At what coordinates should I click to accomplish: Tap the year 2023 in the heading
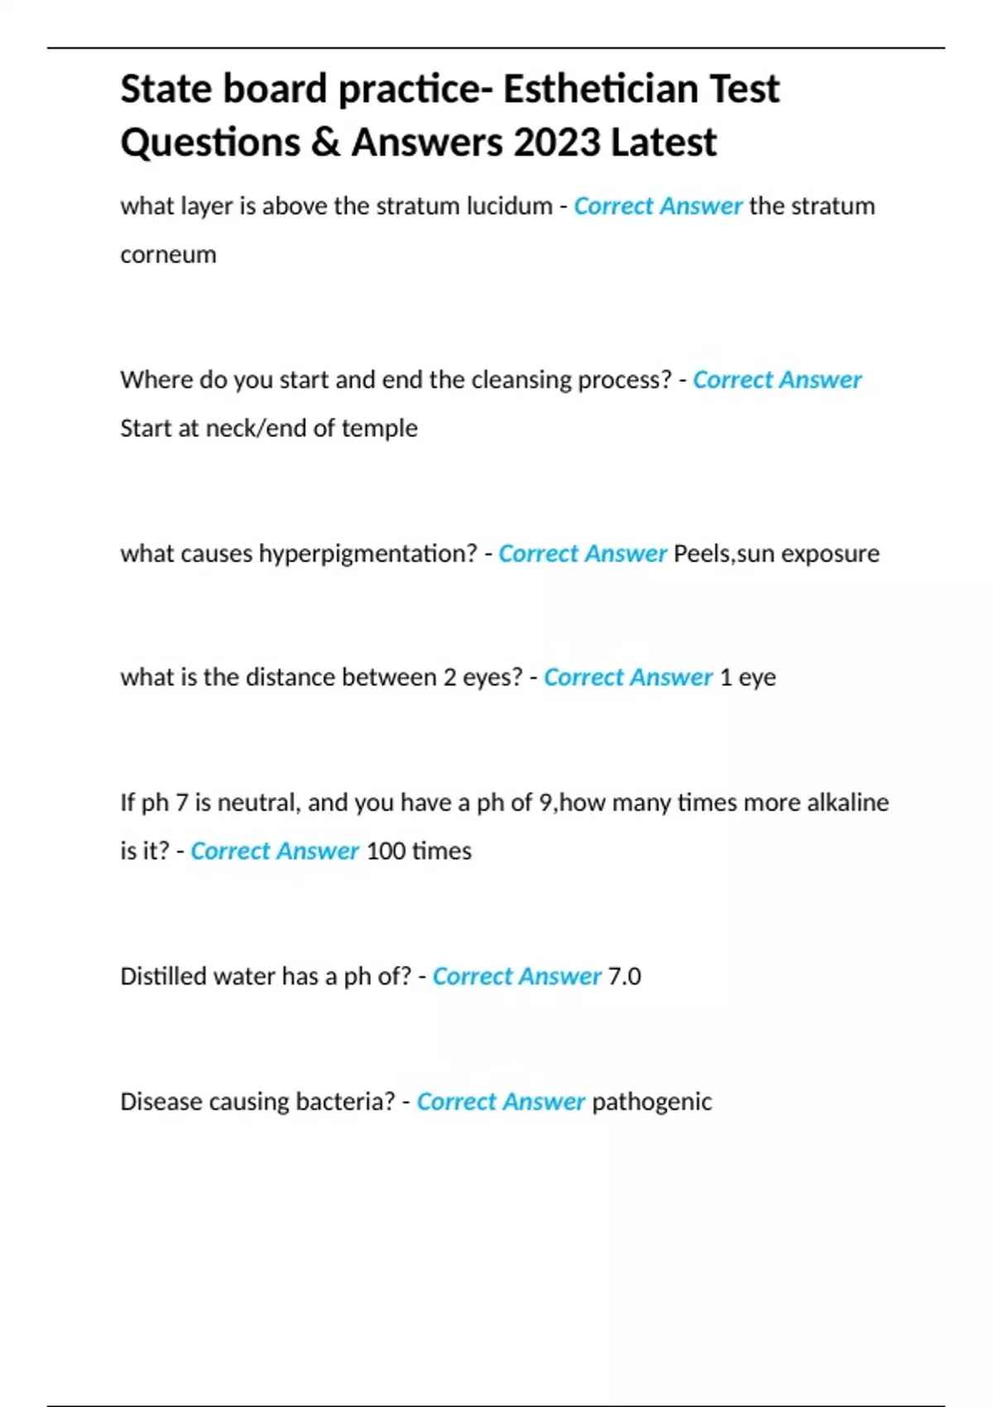556,142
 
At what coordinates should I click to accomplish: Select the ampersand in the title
327,142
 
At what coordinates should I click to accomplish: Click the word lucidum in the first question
508,205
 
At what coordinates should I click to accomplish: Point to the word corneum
168,254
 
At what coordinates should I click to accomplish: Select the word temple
379,428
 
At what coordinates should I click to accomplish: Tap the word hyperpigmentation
367,553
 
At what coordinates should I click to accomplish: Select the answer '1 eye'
747,677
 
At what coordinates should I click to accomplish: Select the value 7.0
624,976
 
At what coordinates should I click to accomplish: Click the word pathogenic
651,1102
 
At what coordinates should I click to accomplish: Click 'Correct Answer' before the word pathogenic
501,1102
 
